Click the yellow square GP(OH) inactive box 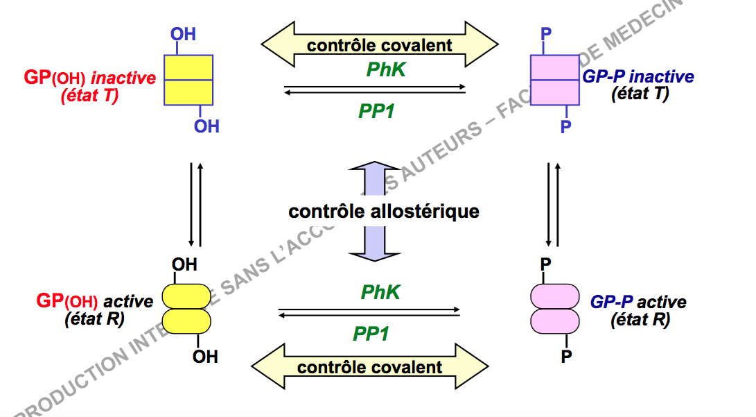[187, 80]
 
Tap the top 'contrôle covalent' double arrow [379, 46]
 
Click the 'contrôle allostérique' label [384, 211]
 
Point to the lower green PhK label [380, 292]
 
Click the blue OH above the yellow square [183, 33]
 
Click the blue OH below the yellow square [206, 126]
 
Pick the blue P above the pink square [546, 33]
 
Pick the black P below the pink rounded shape [566, 357]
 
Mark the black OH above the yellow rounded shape [184, 264]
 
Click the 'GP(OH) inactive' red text [90, 78]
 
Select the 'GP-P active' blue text [638, 303]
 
